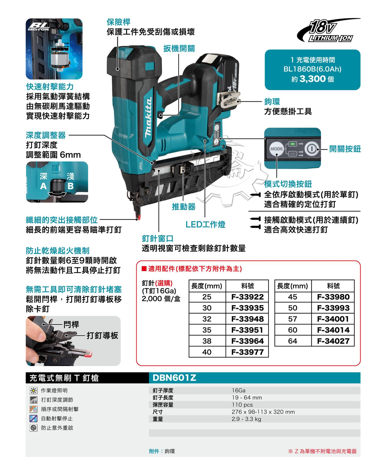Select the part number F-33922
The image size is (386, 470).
tap(247, 297)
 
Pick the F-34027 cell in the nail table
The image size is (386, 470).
tap(333, 341)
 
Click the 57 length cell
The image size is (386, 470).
tap(293, 319)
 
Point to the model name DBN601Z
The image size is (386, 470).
tap(174, 378)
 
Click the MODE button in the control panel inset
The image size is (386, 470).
tap(276, 149)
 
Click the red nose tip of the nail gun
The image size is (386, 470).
tap(138, 217)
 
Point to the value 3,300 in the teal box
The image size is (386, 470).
tap(313, 79)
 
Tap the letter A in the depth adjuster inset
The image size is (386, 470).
tap(43, 186)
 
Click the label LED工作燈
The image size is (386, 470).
tap(205, 225)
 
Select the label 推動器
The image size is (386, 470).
tap(184, 207)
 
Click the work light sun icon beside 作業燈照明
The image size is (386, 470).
tap(33, 391)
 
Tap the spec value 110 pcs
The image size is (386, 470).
tap(242, 405)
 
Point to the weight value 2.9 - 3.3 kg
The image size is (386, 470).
tap(246, 419)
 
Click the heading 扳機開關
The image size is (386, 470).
tap(179, 49)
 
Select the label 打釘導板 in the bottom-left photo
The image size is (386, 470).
tap(102, 336)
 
